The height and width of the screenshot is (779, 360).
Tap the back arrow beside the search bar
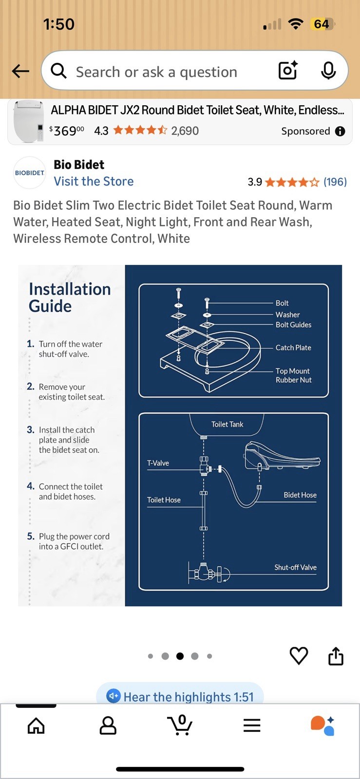(x=20, y=71)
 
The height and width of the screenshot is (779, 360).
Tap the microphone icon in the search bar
(x=328, y=71)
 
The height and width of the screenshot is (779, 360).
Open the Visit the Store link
(x=94, y=181)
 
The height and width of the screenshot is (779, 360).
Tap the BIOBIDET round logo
(x=30, y=172)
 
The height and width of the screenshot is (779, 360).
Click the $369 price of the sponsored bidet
(x=67, y=131)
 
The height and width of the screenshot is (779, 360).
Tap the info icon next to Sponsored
(x=340, y=131)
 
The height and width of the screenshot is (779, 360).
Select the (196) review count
(x=335, y=182)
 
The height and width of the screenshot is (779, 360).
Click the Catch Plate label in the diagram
(x=293, y=348)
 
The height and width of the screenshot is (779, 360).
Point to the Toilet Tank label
(x=227, y=424)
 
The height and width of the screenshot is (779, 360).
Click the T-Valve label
(x=158, y=463)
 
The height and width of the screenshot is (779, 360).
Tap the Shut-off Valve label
(x=295, y=567)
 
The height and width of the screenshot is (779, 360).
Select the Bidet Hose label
(x=300, y=495)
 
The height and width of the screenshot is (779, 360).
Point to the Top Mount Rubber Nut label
(x=293, y=375)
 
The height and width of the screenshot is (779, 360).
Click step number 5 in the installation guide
(x=31, y=536)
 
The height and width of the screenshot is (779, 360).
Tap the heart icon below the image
(x=299, y=655)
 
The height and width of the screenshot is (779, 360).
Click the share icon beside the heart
(x=336, y=656)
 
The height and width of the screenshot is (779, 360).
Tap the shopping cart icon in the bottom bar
(x=179, y=725)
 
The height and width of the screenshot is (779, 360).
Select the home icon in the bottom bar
(x=36, y=726)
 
